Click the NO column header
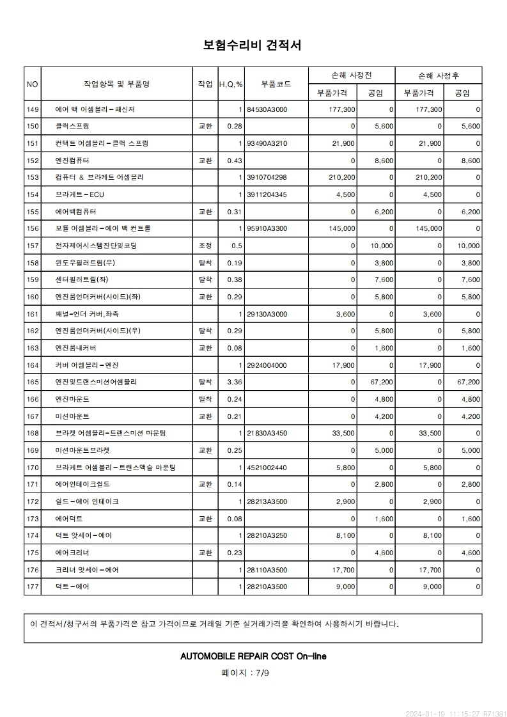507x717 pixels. pyautogui.click(x=33, y=84)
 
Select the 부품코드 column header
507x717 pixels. pyautogui.click(x=276, y=84)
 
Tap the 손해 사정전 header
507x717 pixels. pyautogui.click(x=351, y=75)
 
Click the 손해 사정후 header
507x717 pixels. pyautogui.click(x=438, y=75)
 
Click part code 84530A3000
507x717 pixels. pyautogui.click(x=267, y=109)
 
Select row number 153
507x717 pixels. pyautogui.click(x=33, y=177)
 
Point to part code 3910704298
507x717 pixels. pyautogui.click(x=267, y=177)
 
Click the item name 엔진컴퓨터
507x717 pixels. pyautogui.click(x=72, y=161)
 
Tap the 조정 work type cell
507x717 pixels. pyautogui.click(x=205, y=246)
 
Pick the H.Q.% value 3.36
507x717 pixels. pyautogui.click(x=234, y=382)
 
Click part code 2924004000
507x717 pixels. pyautogui.click(x=267, y=365)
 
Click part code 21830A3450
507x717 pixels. pyautogui.click(x=267, y=433)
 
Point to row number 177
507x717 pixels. pyautogui.click(x=33, y=587)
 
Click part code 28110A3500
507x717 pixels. pyautogui.click(x=267, y=569)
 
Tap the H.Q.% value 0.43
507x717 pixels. pyautogui.click(x=235, y=161)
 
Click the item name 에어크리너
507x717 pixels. pyautogui.click(x=72, y=553)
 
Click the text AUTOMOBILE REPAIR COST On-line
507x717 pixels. pyautogui.click(x=253, y=656)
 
